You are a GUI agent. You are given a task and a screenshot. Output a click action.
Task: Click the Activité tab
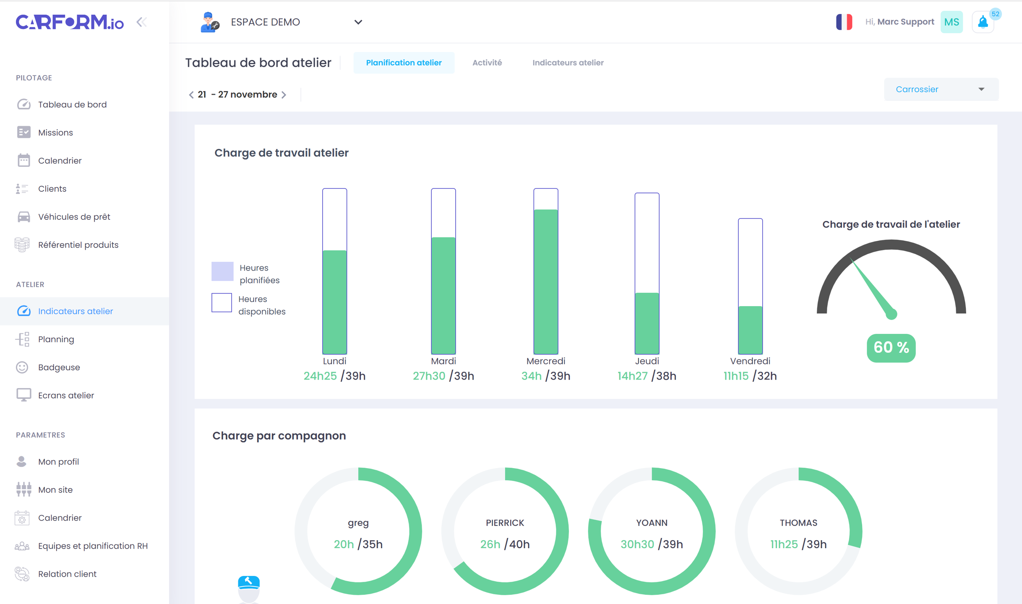pos(487,62)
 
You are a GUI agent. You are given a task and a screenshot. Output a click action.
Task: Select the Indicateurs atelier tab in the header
pos(568,62)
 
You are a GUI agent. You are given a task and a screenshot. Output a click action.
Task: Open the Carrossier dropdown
pos(941,89)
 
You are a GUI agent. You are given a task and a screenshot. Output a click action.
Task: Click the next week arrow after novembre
pos(284,95)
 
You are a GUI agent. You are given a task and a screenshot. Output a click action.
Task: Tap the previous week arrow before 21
pos(191,95)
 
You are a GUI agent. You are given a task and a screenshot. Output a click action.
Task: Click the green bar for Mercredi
pos(545,281)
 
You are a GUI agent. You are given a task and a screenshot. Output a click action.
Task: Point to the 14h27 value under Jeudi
pos(632,376)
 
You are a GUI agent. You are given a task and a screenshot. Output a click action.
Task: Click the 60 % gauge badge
pos(891,347)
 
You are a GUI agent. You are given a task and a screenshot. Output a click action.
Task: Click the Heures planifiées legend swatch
pos(222,271)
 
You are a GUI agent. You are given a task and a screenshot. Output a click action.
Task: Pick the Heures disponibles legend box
pos(222,302)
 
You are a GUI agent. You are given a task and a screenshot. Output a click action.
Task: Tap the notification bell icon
pos(983,22)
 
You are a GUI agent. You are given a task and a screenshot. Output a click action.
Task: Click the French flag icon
pos(844,22)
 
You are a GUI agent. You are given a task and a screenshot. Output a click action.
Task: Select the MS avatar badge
pos(951,22)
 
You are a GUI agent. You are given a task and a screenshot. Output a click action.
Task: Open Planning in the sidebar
pos(56,339)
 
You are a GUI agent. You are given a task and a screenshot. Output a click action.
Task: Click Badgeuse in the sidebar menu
pos(59,367)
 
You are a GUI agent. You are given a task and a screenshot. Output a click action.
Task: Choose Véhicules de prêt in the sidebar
pos(74,216)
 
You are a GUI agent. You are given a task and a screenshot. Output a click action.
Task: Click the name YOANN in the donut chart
pos(651,523)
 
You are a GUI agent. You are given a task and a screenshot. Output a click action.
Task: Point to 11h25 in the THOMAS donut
pos(784,544)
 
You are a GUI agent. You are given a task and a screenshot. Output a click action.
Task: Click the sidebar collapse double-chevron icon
pos(142,22)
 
